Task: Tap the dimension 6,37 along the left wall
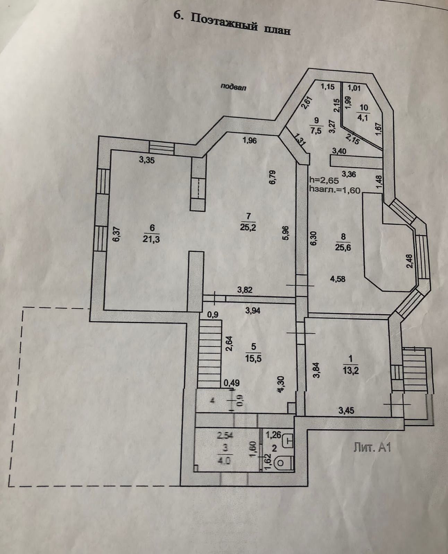pos(117,235)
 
